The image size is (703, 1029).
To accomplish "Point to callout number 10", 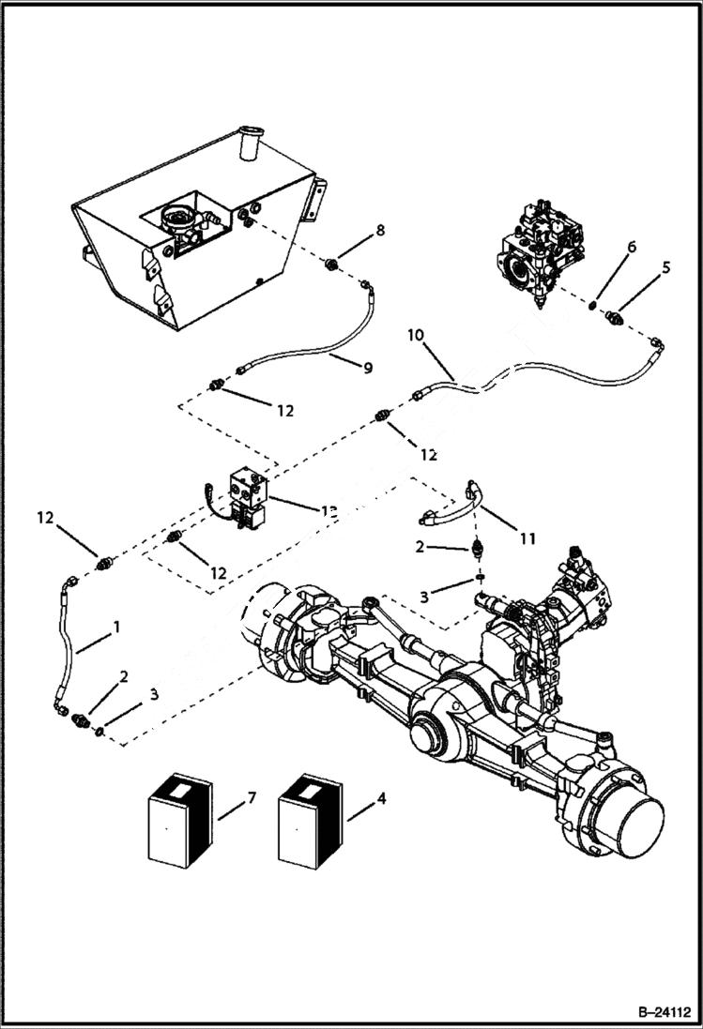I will [416, 336].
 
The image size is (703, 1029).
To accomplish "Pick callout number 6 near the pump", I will [632, 247].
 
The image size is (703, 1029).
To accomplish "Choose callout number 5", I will [666, 267].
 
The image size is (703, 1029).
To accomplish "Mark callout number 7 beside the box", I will [251, 797].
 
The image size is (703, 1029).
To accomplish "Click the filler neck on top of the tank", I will [251, 144].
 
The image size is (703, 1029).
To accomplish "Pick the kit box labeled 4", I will [313, 821].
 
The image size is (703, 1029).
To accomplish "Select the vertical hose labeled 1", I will [65, 647].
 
